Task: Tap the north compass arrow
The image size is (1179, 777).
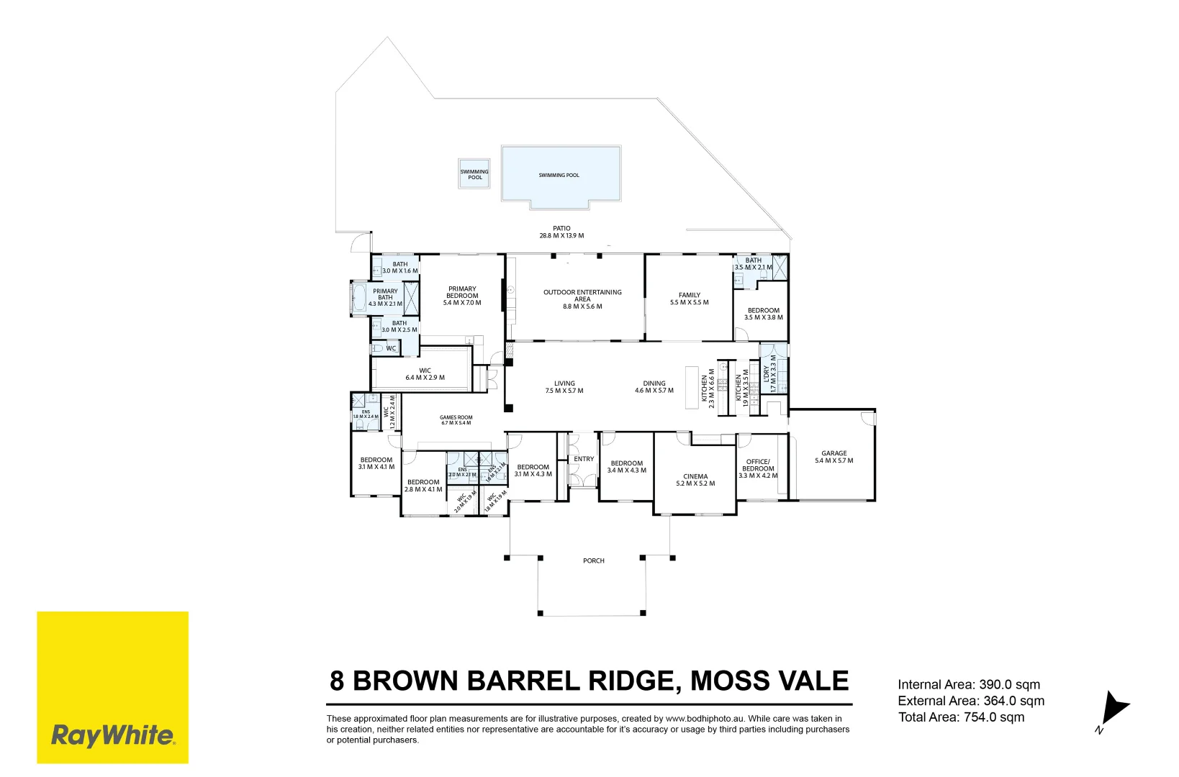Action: [x=1115, y=709]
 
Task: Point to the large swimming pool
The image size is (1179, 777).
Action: [x=561, y=175]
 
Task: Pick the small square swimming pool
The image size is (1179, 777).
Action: [x=474, y=174]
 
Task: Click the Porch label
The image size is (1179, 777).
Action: [x=594, y=560]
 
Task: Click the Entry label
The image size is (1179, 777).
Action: [x=584, y=459]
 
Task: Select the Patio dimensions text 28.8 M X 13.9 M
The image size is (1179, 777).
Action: [x=561, y=236]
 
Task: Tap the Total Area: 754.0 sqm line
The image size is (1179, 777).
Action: [x=961, y=717]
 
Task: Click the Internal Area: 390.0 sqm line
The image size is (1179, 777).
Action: [x=969, y=685]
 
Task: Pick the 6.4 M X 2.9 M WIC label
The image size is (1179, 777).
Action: [x=425, y=378]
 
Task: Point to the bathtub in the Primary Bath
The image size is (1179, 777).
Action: [x=358, y=298]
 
